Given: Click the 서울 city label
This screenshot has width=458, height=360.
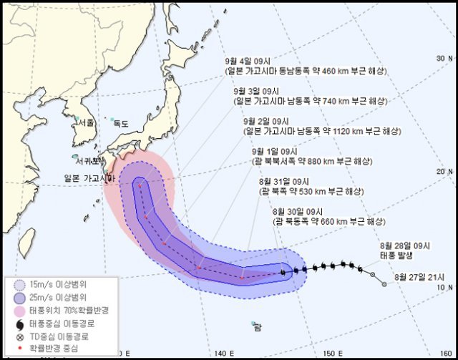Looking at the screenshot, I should click(87, 122).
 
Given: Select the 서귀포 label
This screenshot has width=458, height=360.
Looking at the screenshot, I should click(85, 159).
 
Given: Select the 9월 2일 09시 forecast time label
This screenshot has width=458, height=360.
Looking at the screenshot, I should click(265, 122).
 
